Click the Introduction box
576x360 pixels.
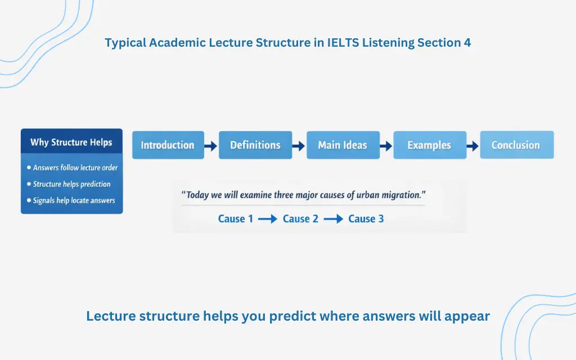[x=167, y=145]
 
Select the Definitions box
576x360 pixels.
[x=255, y=145]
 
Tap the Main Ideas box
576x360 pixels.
[x=343, y=145]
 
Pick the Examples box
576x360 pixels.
[x=429, y=145]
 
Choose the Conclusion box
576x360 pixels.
[x=516, y=145]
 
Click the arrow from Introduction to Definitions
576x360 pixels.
[x=210, y=146]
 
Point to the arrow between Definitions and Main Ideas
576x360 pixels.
[x=299, y=146]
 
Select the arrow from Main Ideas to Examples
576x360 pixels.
[x=386, y=146]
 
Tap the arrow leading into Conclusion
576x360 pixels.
[x=472, y=146]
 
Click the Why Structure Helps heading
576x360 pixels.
[x=71, y=142]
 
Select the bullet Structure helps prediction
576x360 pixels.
[x=71, y=184]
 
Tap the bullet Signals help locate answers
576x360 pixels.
[x=74, y=200]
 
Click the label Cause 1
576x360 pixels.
[x=232, y=219]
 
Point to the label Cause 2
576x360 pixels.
[x=300, y=219]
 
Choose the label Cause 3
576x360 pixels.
[x=366, y=219]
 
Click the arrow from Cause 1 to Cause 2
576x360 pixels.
[x=267, y=219]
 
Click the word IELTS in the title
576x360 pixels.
[x=343, y=42]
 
